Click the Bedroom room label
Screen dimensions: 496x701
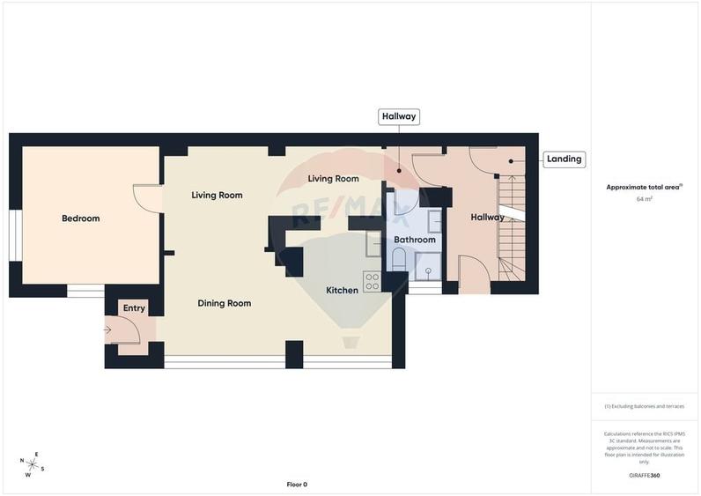click(x=80, y=218)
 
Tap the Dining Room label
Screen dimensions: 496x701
click(x=224, y=303)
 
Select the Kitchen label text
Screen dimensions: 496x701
click(x=342, y=290)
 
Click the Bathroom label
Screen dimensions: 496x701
click(x=414, y=240)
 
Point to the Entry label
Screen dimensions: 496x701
click(x=134, y=308)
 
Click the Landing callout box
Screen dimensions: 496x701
click(x=564, y=159)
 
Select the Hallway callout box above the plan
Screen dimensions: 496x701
click(x=398, y=116)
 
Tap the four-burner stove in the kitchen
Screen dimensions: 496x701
click(x=373, y=282)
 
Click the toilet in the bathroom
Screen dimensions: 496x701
click(x=398, y=259)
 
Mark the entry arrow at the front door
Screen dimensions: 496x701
click(x=107, y=331)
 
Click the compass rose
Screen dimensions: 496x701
click(x=33, y=463)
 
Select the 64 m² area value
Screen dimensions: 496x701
click(x=645, y=199)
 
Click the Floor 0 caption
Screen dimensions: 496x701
click(x=297, y=485)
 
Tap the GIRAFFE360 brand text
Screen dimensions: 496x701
click(x=645, y=476)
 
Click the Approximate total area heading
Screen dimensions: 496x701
click(x=644, y=187)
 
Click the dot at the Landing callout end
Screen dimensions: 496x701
click(x=511, y=161)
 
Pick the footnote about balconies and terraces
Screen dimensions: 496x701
click(x=645, y=407)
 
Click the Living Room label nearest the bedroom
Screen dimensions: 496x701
click(x=217, y=196)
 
